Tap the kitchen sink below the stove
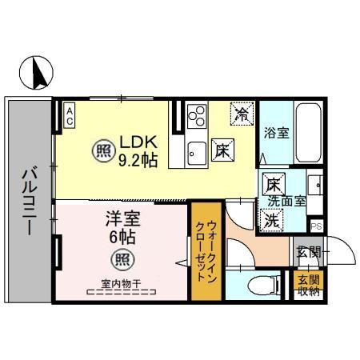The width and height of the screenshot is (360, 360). click(x=197, y=150)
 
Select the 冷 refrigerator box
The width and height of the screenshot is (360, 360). click(x=241, y=114)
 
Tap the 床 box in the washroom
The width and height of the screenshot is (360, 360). click(x=272, y=182)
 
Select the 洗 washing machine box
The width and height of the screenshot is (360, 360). click(x=272, y=218)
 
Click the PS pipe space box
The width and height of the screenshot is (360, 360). click(x=317, y=226)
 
